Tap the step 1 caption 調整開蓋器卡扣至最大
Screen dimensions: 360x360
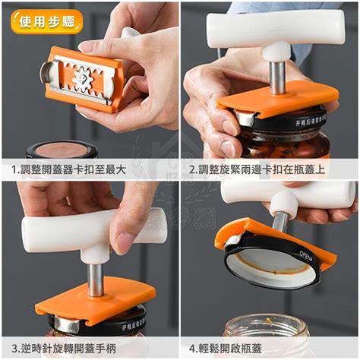pyautogui.click(x=90, y=169)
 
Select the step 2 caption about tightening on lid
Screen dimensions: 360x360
pyautogui.click(x=269, y=169)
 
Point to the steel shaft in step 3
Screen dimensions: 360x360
pyautogui.click(x=95, y=277)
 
